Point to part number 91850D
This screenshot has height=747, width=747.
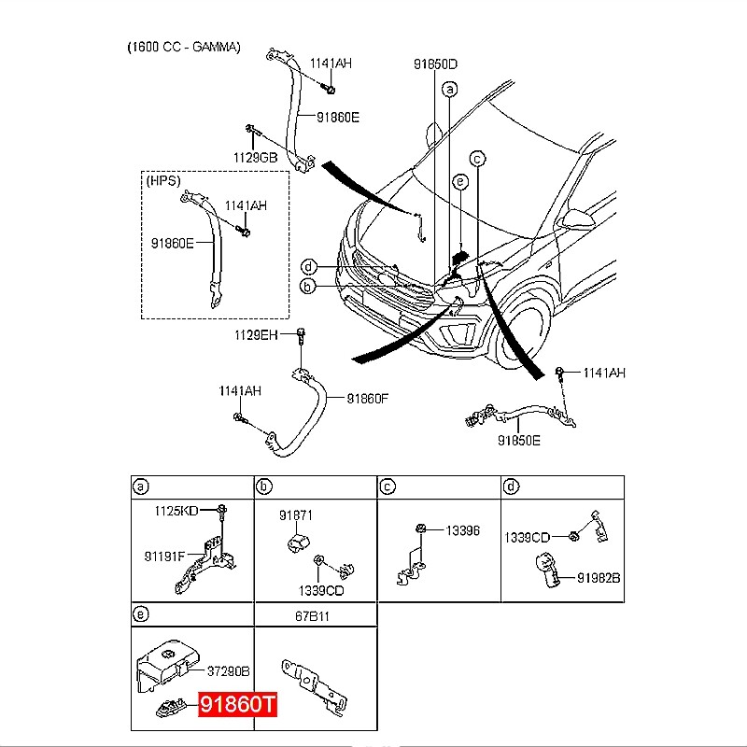click(436, 64)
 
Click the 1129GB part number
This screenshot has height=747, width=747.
click(255, 158)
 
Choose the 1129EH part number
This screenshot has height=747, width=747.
click(256, 334)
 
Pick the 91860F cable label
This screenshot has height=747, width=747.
click(367, 398)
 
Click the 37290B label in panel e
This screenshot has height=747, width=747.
click(227, 670)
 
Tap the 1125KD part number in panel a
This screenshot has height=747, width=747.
click(176, 512)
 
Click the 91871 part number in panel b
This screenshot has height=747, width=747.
click(295, 514)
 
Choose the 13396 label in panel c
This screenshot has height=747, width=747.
click(461, 529)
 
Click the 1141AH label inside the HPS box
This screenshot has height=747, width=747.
click(245, 204)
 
